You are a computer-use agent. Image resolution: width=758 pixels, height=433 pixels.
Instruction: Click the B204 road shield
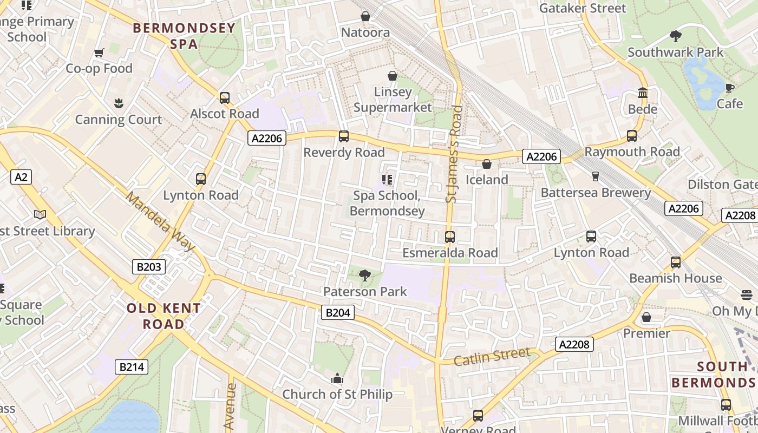coord(338,312)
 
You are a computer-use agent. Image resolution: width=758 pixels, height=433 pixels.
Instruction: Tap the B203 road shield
coord(148,266)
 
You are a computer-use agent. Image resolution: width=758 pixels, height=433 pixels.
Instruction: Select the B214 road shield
coord(132,367)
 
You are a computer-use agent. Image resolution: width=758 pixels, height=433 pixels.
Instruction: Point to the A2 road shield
coord(21,177)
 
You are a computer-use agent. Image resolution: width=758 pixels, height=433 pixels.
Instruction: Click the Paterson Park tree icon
coord(365,275)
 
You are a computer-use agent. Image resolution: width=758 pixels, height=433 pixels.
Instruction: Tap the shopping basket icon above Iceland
coord(487,164)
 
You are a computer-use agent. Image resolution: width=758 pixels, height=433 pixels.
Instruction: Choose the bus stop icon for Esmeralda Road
coord(449,237)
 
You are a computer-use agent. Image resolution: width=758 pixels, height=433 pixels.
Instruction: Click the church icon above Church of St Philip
coord(337,378)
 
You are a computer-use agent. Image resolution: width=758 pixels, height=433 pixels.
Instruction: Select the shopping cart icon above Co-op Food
coord(99,53)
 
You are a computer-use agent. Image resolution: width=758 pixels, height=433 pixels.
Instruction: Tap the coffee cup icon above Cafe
coord(729,88)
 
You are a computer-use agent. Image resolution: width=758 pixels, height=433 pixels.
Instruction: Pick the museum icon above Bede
coord(643,93)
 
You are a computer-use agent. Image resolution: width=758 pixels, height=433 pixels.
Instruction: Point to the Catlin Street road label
coord(492,357)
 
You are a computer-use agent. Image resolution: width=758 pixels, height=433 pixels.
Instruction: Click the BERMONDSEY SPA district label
coord(184,36)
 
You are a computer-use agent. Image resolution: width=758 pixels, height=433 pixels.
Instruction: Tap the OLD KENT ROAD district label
coord(164,316)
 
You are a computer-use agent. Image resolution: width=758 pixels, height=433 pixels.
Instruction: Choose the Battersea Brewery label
coord(596,193)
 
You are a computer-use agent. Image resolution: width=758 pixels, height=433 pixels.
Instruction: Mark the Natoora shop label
coord(365,32)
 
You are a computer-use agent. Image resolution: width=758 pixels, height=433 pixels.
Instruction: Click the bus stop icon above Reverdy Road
coord(343,136)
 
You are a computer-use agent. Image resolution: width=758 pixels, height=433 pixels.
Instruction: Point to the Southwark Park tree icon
coord(675,36)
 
